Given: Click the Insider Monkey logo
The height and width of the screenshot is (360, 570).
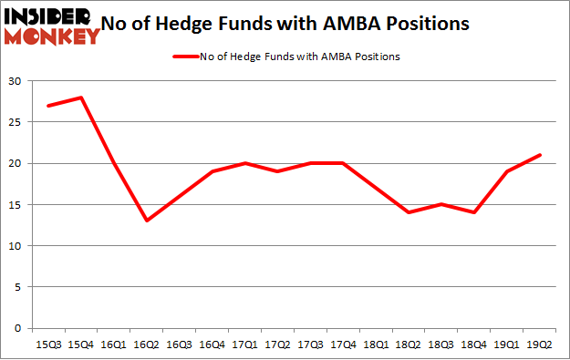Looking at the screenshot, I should coord(52,25).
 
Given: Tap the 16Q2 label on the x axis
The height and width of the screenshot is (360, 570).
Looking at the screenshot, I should coord(145,345).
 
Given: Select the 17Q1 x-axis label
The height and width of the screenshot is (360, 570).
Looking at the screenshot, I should coord(244,345).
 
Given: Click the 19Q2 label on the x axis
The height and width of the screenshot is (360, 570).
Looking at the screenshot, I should coord(539,345).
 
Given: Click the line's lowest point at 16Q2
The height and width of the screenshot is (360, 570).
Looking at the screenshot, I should coord(145,221).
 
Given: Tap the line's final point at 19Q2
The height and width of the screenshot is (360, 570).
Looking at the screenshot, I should coord(539,155).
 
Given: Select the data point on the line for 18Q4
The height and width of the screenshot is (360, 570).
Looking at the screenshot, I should coord(473,212).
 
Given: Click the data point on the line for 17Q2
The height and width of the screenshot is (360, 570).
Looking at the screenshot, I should coord(276,171).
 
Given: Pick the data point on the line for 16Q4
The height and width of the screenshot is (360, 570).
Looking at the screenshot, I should coord(211,171).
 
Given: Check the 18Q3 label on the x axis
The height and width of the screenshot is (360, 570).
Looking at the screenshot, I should coord(440,345).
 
